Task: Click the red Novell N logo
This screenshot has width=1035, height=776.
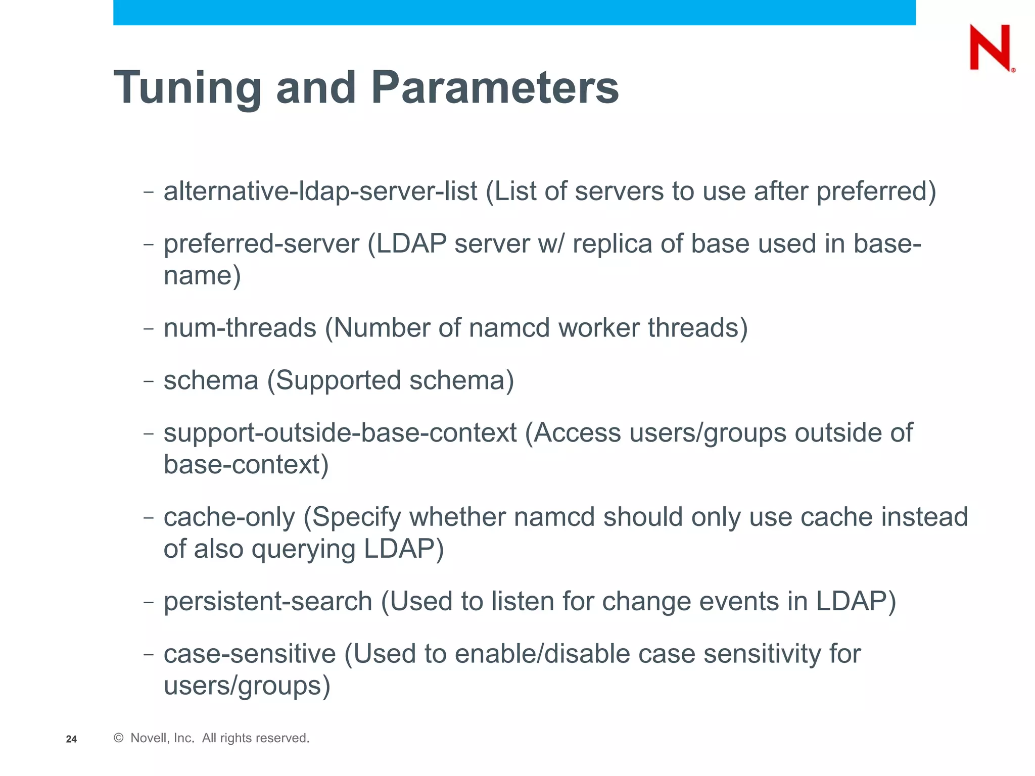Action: pos(991,48)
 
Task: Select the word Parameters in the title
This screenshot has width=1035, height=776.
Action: pos(495,87)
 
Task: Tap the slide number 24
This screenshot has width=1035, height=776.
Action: pos(71,739)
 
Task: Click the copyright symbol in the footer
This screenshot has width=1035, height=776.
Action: pos(119,738)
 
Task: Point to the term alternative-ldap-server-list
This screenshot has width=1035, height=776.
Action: pos(320,191)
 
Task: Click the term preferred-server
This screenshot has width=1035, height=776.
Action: pos(261,244)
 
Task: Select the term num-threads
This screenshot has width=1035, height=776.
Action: pos(240,328)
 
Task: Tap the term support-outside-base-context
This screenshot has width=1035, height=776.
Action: pos(340,433)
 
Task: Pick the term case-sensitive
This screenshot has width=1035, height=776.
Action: pos(250,654)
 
